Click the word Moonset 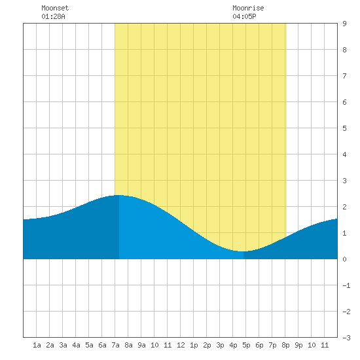[x=55, y=8]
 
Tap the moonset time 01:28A [x=53, y=16]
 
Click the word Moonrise [x=248, y=8]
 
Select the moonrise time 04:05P [x=244, y=16]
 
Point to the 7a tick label [x=115, y=345]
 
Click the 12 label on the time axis [x=181, y=345]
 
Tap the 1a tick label [x=37, y=345]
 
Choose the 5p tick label [x=246, y=345]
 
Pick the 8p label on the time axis [x=285, y=345]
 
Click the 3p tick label [x=220, y=345]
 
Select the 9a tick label [x=141, y=345]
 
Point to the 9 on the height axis [x=344, y=24]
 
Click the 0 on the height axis [x=344, y=259]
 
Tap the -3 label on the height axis [x=346, y=338]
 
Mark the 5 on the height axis [x=344, y=128]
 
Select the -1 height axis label [x=346, y=285]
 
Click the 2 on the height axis [x=344, y=207]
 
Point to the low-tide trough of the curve [x=241, y=251]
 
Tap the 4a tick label [x=76, y=345]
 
